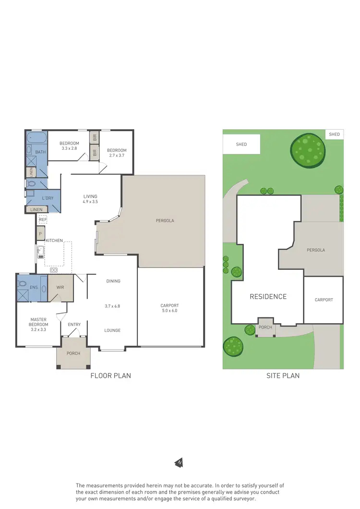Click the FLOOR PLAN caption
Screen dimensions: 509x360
pos(110,376)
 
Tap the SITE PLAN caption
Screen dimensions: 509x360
pos(283,376)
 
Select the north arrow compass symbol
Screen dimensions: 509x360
pos(179,463)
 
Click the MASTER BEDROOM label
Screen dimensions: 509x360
pos(39,322)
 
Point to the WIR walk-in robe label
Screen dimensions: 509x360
pos(60,288)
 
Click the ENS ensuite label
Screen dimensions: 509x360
pos(34,287)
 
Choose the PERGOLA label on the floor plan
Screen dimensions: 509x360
pos(165,221)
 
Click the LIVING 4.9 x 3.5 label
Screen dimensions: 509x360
pos(90,199)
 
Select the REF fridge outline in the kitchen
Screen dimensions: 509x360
pos(43,219)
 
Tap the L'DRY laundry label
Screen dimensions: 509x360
pos(48,198)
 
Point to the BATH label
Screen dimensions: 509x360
pos(40,152)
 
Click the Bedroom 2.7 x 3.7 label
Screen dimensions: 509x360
pos(117,153)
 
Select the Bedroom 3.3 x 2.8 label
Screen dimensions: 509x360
pos(70,145)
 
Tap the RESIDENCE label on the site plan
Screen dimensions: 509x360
pos(268,297)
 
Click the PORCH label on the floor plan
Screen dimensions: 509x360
pos(73,353)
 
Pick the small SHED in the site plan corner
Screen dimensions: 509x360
pos(335,134)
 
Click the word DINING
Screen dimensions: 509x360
pos(113,281)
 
